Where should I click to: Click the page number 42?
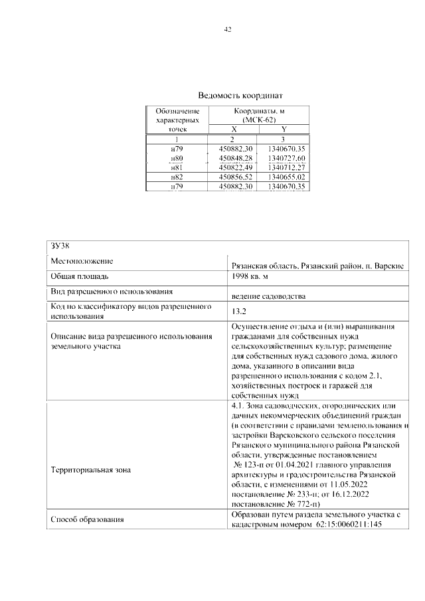228,30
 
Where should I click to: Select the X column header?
233,129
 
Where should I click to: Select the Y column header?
284,129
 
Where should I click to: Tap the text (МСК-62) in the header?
259,120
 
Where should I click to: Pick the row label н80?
177,158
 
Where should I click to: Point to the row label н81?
177,167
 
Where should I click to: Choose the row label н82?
177,177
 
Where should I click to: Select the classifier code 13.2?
238,310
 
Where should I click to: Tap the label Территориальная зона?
91,470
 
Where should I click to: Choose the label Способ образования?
88,519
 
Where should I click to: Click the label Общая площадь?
79,276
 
